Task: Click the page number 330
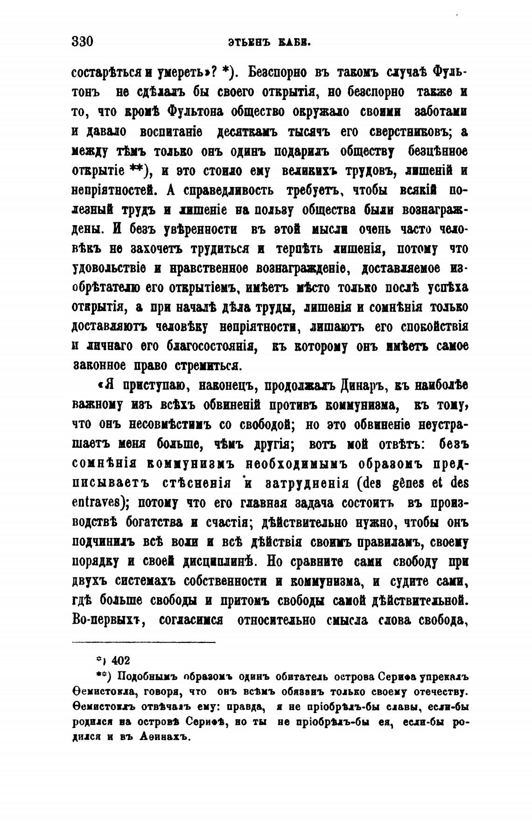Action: [x=83, y=42]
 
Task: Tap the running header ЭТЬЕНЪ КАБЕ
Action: [x=270, y=43]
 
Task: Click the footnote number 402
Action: [x=121, y=661]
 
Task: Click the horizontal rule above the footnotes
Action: [x=144, y=643]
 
